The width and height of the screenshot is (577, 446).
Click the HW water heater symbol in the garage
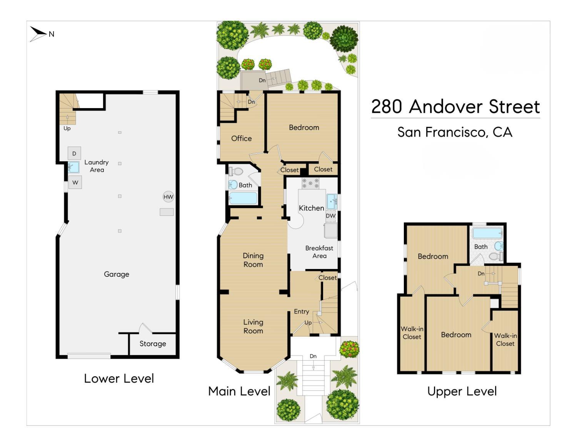[x=168, y=197]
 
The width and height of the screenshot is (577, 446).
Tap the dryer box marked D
[x=74, y=153]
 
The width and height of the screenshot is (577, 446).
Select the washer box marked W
[x=75, y=182]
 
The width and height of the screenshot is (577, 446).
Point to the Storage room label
[x=153, y=344]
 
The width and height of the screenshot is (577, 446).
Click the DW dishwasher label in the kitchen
[x=330, y=216]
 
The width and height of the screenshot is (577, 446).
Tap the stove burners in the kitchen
[x=310, y=183]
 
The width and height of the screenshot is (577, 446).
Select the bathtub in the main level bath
[x=243, y=198]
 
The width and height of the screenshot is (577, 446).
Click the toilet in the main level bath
[x=236, y=171]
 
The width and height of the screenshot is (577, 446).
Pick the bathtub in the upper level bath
[x=487, y=233]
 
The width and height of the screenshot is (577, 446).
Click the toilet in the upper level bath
[x=496, y=256]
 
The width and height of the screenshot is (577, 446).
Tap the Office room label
[x=241, y=139]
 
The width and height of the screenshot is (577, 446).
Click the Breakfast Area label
[x=319, y=252]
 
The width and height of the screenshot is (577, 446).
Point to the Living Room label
[x=253, y=326]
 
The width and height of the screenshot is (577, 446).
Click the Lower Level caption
[x=119, y=379]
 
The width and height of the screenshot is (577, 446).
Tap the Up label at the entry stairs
[x=308, y=323]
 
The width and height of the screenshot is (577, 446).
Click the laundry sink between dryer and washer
[x=73, y=167]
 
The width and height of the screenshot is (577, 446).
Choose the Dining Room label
[x=253, y=260]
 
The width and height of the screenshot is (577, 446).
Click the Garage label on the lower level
[x=117, y=274]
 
